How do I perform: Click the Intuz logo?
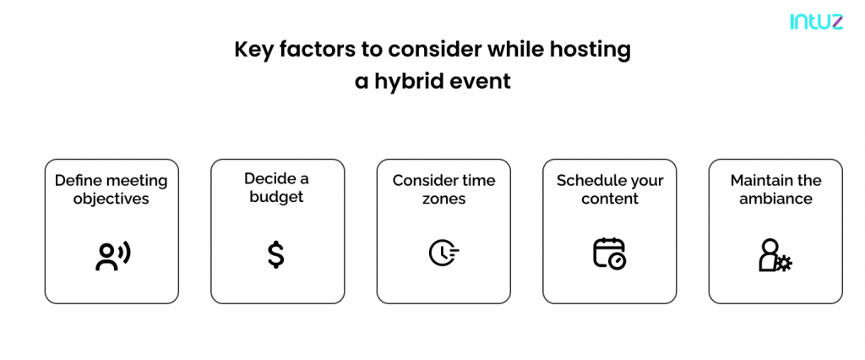point(817,21)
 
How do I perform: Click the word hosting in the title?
point(590,50)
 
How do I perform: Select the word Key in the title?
point(253,50)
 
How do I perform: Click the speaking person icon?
point(112,254)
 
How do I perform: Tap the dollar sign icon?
point(276,255)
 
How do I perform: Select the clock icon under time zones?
point(444,254)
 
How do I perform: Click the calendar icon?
point(610,254)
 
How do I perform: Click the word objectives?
point(112,199)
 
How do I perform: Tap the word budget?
point(277,197)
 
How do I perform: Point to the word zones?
point(443,199)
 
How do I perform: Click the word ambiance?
point(775,199)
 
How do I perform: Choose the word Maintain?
point(759,181)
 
